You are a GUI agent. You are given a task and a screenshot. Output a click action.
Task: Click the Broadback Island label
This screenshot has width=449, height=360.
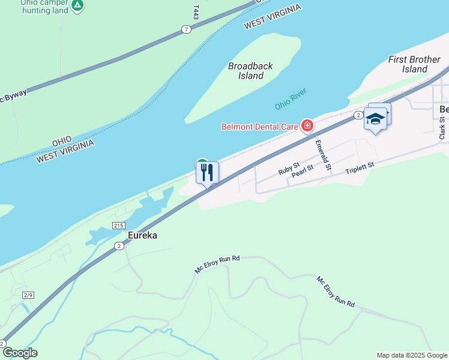(x=250, y=71)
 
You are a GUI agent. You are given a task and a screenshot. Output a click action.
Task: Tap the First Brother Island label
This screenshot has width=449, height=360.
(x=414, y=64)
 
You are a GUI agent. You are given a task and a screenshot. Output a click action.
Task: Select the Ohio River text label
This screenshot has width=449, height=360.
(x=291, y=98)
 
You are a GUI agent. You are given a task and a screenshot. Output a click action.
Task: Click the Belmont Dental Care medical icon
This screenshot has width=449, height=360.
(x=307, y=125)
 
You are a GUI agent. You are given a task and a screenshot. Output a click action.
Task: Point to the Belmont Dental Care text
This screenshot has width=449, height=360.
(x=260, y=126)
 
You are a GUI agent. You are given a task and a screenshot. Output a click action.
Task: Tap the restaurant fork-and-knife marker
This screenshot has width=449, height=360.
(x=207, y=173)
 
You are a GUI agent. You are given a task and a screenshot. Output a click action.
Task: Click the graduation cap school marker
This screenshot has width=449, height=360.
(x=375, y=119)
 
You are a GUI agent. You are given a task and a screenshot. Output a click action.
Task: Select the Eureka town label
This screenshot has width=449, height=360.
(x=142, y=235)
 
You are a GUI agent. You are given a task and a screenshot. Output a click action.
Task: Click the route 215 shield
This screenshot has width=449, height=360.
(x=118, y=225)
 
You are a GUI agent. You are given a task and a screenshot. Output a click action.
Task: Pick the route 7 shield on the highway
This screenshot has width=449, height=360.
(x=187, y=29)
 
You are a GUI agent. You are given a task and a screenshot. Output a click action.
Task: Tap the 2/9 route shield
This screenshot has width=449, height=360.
(x=28, y=295)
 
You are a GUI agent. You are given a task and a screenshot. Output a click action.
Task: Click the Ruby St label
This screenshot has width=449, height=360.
(x=289, y=168)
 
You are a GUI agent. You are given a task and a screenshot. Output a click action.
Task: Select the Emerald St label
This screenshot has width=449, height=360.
(x=322, y=154)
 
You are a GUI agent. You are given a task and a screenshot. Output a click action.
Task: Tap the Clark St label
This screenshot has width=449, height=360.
(x=442, y=128)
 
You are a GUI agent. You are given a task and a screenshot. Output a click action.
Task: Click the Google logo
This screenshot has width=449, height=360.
(x=19, y=352)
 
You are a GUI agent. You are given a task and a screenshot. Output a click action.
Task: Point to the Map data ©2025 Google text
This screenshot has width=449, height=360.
(x=412, y=355)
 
